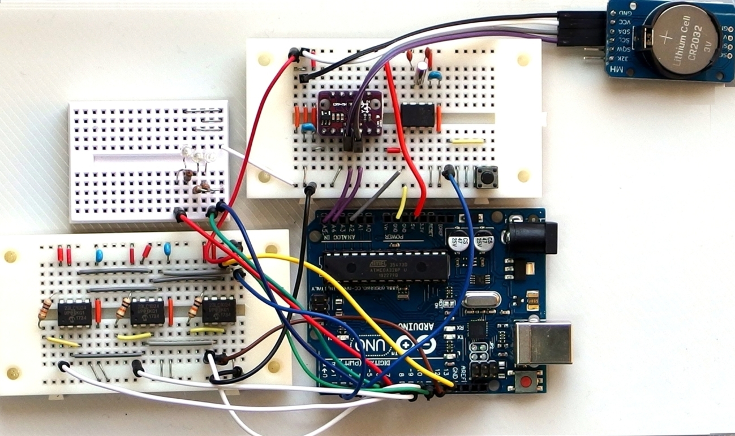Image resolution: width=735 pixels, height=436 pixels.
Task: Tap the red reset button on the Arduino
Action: [x=527, y=382]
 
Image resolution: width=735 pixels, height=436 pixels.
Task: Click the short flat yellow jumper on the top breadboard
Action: [x=466, y=141]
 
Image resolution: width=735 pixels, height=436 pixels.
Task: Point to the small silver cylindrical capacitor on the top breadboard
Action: [x=422, y=74]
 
